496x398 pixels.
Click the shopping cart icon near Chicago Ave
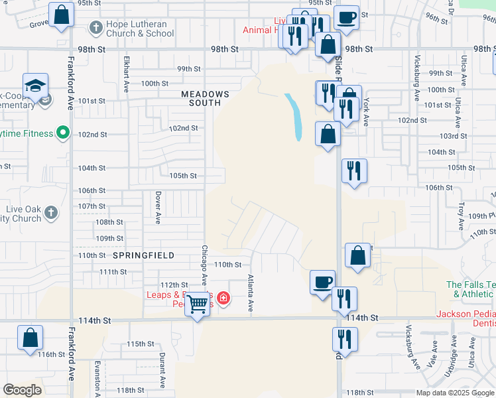pyautogui.click(x=198, y=304)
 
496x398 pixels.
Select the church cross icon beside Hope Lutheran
pyautogui.click(x=95, y=29)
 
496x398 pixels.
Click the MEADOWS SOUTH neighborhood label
pyautogui.click(x=206, y=98)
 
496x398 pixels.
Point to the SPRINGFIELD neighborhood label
pyautogui.click(x=143, y=255)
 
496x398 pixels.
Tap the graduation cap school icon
pyautogui.click(x=36, y=86)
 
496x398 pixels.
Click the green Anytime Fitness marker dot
pyautogui.click(x=63, y=133)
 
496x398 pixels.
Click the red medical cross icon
pyautogui.click(x=223, y=298)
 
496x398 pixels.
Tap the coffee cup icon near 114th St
pyautogui.click(x=323, y=281)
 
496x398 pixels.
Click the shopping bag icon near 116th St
pyautogui.click(x=31, y=338)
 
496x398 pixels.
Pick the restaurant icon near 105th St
pyautogui.click(x=353, y=170)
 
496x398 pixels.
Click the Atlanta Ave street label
pyautogui.click(x=251, y=294)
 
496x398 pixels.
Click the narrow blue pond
pyautogui.click(x=294, y=116)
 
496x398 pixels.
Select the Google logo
pyautogui.click(x=22, y=389)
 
